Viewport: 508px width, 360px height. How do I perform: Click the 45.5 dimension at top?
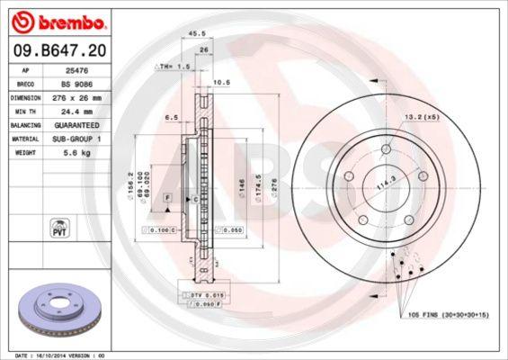point(191,35)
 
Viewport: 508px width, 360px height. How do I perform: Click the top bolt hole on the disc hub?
point(386,148)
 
